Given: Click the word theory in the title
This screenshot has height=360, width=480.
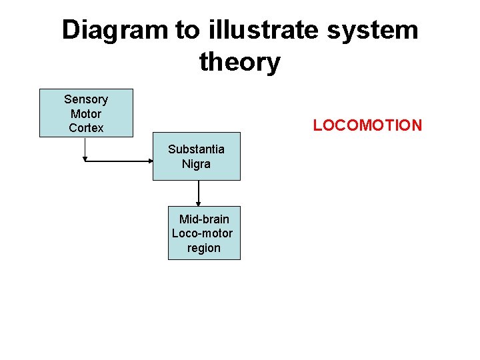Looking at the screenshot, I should pos(239,62).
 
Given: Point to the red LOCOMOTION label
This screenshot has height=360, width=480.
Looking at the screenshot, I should pos(367,125).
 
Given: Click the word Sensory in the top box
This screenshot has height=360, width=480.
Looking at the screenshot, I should pos(86,99).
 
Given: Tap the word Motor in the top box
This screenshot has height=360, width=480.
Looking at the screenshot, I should pos(86,113).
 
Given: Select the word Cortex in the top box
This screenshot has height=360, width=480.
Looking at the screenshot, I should pos(86,127).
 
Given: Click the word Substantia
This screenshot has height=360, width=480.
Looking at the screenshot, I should pos(196,149).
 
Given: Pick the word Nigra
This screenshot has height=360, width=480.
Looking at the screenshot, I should pos(196,163).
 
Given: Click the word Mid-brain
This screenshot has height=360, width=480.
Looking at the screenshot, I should pos(204,219).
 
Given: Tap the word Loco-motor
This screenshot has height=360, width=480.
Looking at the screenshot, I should pos(203,233).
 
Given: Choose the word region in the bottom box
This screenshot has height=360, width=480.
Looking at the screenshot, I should pos(204,248).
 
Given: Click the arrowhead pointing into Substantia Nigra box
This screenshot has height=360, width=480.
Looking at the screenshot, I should pos(150,161).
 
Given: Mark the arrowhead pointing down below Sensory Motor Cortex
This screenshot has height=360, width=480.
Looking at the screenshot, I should pos(85,159).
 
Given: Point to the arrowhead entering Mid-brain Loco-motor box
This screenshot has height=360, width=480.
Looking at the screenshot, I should pos(198,204).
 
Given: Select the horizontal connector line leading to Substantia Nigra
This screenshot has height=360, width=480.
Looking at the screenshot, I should pos(117,161).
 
